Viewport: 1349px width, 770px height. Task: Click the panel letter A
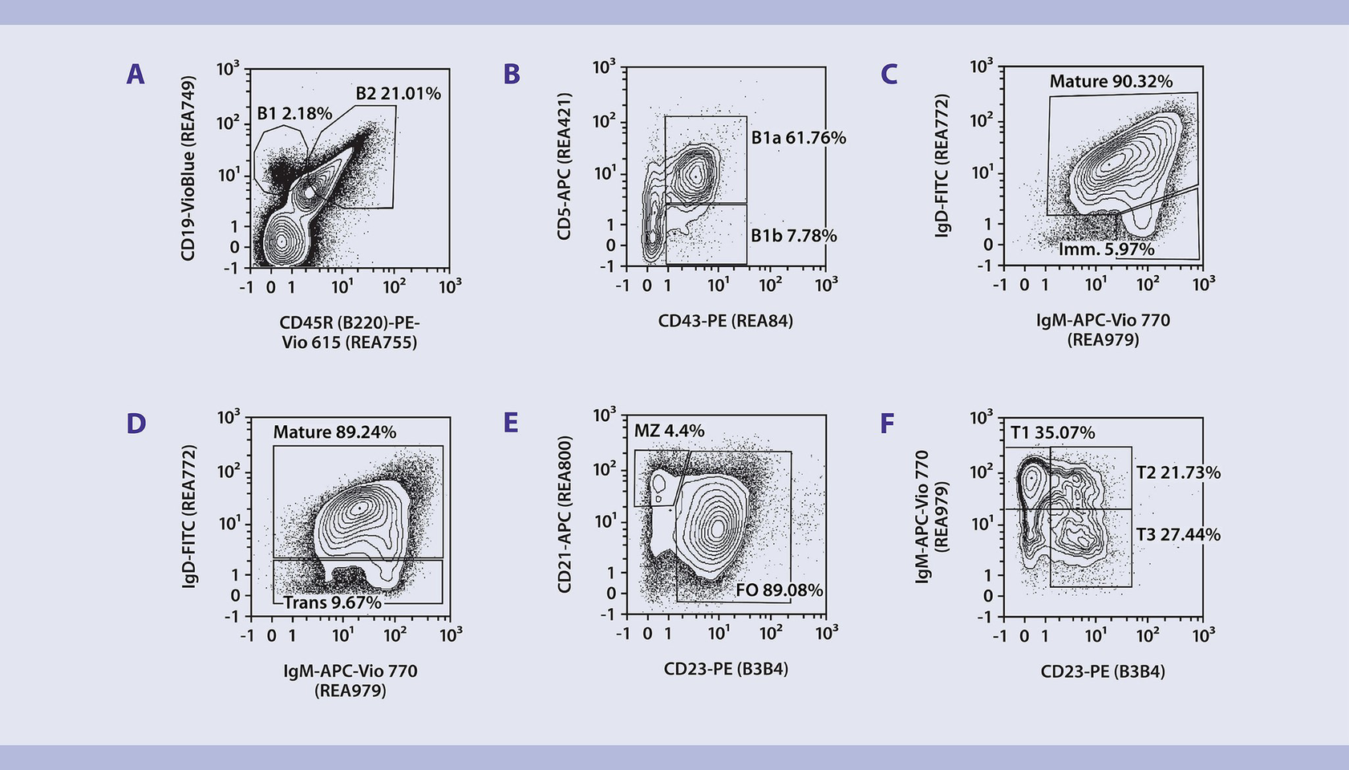pyautogui.click(x=136, y=75)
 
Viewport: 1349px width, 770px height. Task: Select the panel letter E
pyautogui.click(x=511, y=423)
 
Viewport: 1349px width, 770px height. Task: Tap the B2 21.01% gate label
pyautogui.click(x=398, y=94)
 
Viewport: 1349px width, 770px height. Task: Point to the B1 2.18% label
pyautogui.click(x=294, y=114)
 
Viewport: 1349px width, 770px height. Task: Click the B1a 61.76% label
pyautogui.click(x=798, y=138)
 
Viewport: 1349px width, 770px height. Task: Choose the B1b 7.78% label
pyautogui.click(x=793, y=236)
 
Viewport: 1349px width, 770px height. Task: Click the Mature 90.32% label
pyautogui.click(x=1111, y=82)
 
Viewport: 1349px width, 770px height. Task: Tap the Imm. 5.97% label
pyautogui.click(x=1106, y=249)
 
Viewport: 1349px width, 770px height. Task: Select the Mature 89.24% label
pyautogui.click(x=334, y=432)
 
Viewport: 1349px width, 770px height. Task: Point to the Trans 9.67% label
pyautogui.click(x=332, y=602)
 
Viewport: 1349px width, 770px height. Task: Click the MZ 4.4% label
pyautogui.click(x=669, y=431)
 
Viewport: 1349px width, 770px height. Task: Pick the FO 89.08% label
pyautogui.click(x=779, y=590)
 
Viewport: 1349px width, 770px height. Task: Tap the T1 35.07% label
pyautogui.click(x=1052, y=433)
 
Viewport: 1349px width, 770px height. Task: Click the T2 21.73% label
pyautogui.click(x=1178, y=473)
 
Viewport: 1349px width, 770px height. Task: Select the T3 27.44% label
pyautogui.click(x=1178, y=535)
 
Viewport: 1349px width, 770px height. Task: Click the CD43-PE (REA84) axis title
pyautogui.click(x=725, y=322)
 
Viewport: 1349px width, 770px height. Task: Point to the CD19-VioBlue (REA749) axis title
pyautogui.click(x=188, y=168)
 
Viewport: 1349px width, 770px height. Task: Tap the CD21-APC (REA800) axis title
pyautogui.click(x=565, y=515)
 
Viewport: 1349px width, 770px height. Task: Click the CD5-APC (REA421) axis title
pyautogui.click(x=565, y=166)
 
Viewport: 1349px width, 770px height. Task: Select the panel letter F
pyautogui.click(x=887, y=423)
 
